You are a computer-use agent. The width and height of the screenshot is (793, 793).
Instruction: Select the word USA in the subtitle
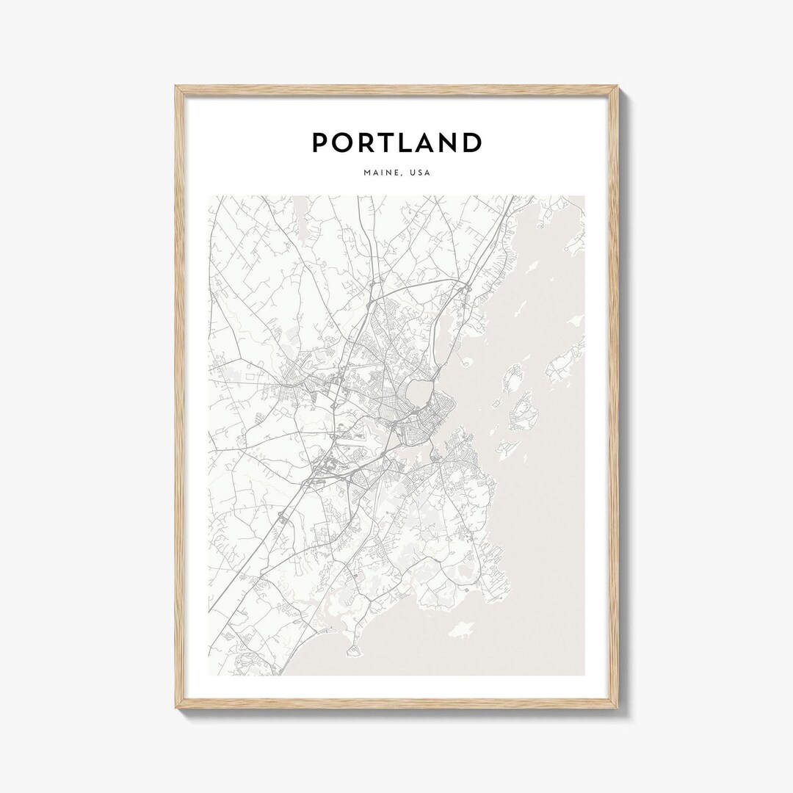pyautogui.click(x=420, y=174)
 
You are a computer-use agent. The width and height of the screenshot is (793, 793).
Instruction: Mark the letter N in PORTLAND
pyautogui.click(x=447, y=142)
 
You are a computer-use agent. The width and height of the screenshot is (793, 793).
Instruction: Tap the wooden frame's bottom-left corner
pyautogui.click(x=177, y=711)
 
